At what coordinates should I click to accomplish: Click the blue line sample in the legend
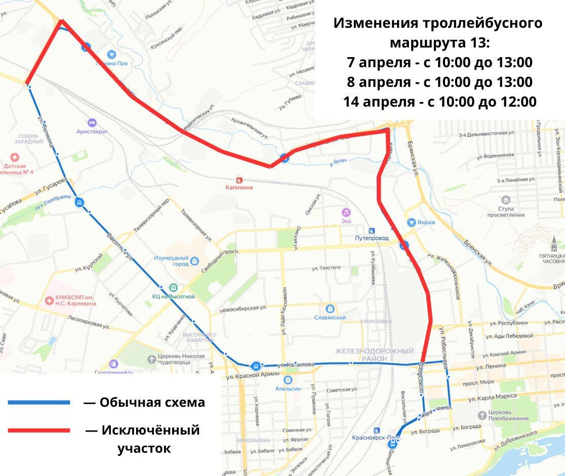(39, 402)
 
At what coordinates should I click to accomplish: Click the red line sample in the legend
(39, 430)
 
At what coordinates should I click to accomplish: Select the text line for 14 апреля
(439, 102)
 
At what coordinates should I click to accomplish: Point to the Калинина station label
(239, 187)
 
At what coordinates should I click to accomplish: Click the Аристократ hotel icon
(92, 122)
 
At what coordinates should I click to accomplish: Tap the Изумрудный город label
(171, 261)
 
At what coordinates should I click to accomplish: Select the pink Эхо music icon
(346, 212)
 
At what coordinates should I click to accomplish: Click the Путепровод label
(372, 237)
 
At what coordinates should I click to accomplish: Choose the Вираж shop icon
(412, 222)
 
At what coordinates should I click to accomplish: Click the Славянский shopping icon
(330, 308)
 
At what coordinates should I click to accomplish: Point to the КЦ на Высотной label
(173, 296)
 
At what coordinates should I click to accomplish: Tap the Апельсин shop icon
(288, 379)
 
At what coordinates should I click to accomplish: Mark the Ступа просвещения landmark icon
(505, 200)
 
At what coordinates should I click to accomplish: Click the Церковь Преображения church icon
(481, 415)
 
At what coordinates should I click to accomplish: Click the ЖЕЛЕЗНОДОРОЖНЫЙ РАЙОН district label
(374, 354)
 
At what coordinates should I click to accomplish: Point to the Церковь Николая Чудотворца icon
(151, 359)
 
